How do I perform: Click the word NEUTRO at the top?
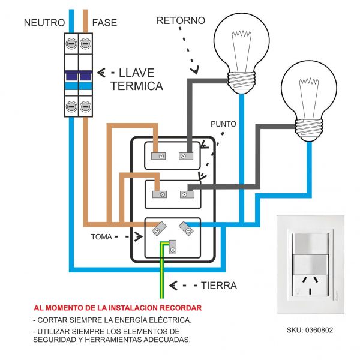pos(44,23)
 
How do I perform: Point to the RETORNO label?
pos(181,20)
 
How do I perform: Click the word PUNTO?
pos(223,124)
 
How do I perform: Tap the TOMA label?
pos(101,236)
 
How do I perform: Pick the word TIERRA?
pos(219,286)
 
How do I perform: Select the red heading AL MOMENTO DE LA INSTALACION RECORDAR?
pos(118,308)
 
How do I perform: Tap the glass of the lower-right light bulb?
pos(310,89)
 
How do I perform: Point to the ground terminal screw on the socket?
pos(173,247)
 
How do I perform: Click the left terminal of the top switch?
pos(160,156)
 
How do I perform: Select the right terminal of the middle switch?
pos(186,194)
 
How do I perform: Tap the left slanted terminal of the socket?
pos(159,229)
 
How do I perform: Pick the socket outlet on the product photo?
pos(311,285)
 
